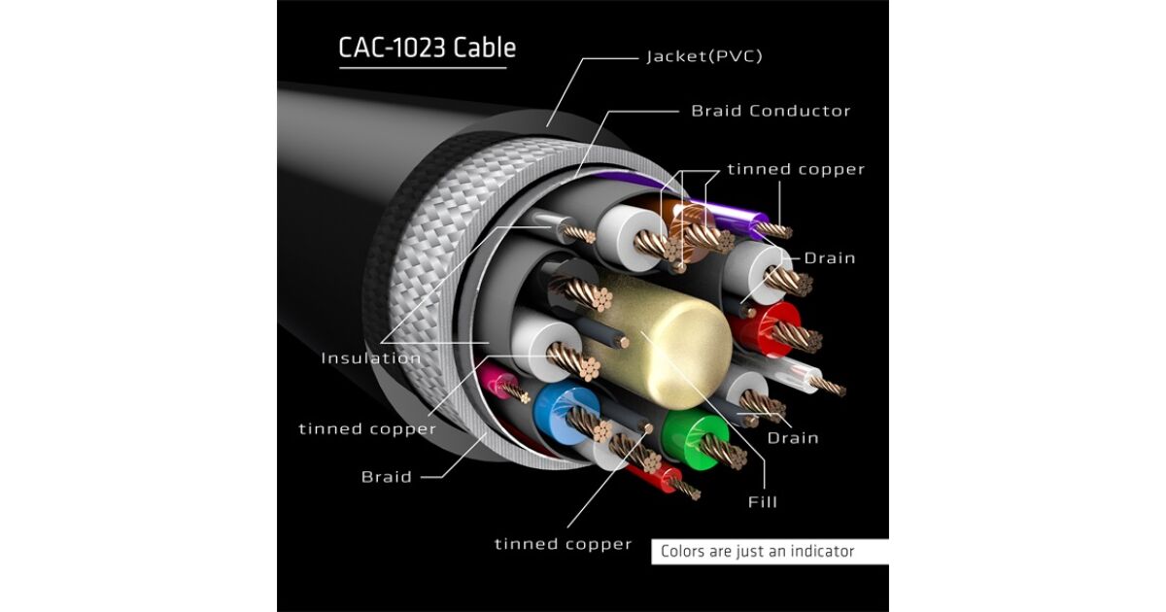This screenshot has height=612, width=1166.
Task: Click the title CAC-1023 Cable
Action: (427, 48)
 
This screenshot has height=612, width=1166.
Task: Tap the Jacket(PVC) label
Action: (704, 56)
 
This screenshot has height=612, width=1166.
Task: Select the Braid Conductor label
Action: (771, 111)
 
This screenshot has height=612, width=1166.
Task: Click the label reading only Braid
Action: (387, 477)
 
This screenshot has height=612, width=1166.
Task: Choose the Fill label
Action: (763, 502)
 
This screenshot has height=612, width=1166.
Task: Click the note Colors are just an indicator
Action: (757, 552)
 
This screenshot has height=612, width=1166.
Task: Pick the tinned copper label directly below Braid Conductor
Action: (796, 169)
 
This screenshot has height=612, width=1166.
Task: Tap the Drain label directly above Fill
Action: (793, 438)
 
